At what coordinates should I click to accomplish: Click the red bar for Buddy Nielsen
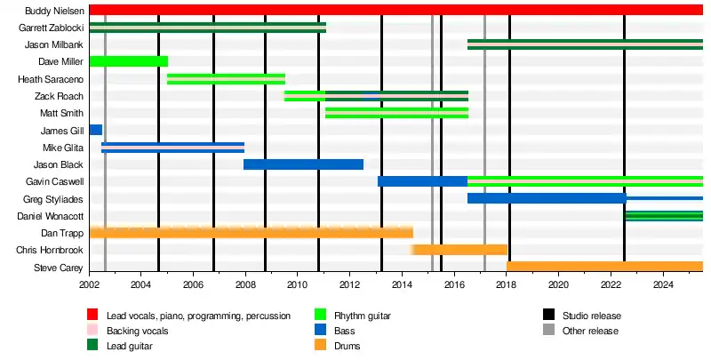coord(395,10)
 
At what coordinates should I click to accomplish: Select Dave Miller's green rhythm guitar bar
coord(129,61)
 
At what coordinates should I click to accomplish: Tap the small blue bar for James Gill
coord(96,130)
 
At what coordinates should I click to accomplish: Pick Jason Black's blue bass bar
coord(303,164)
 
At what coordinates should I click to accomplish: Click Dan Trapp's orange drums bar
coord(251,233)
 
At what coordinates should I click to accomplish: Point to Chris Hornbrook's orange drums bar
coord(459,250)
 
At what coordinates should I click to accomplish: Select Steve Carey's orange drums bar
coord(604,267)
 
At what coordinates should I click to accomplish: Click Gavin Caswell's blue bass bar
coord(422,181)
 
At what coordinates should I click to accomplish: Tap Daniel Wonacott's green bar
coord(663,216)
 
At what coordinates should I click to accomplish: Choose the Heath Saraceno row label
coord(51,79)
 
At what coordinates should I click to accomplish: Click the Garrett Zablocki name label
coord(51,28)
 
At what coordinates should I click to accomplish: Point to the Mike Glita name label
coord(63,148)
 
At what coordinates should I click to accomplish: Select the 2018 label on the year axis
coord(507,284)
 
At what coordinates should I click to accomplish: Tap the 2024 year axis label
coord(663,284)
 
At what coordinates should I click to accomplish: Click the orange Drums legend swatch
coord(321,346)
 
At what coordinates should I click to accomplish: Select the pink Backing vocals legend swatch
coord(92,331)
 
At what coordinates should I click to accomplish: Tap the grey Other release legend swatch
coord(549,331)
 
